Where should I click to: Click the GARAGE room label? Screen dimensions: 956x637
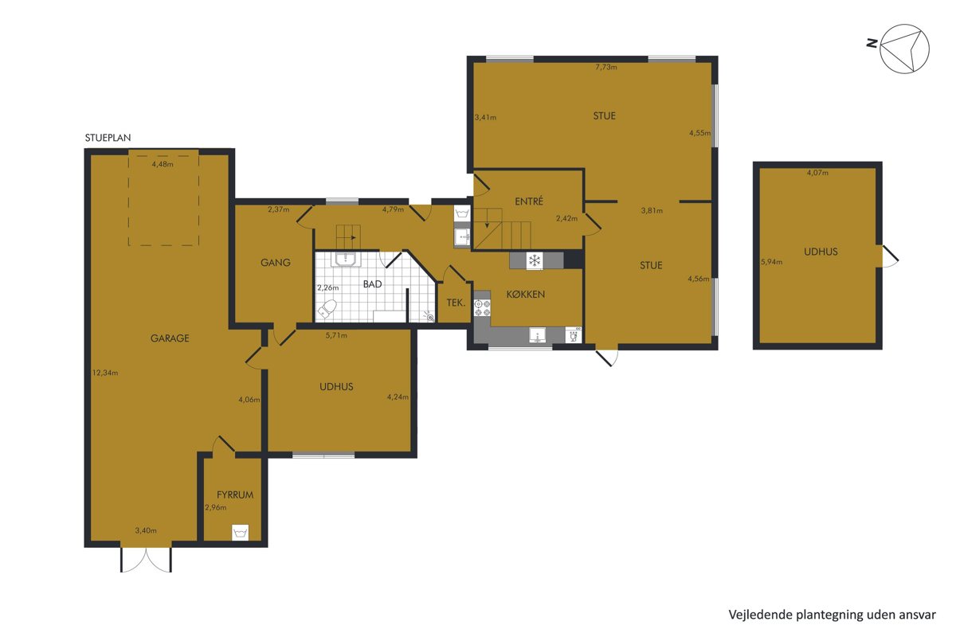(x=170, y=338)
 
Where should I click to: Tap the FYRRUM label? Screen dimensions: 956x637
(x=235, y=495)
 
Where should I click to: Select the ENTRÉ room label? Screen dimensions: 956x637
(x=529, y=201)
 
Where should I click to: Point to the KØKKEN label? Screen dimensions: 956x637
(x=525, y=294)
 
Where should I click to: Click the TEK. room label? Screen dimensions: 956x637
(x=456, y=303)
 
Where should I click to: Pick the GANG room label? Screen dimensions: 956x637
(x=276, y=263)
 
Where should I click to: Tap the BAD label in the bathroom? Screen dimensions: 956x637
(x=372, y=284)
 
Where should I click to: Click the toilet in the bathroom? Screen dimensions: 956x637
(x=327, y=308)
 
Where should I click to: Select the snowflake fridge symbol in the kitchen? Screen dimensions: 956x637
(x=534, y=260)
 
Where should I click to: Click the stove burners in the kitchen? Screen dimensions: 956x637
(x=482, y=307)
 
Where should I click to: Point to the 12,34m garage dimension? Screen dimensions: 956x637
(x=105, y=373)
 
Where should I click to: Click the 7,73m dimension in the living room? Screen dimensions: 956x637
(x=606, y=67)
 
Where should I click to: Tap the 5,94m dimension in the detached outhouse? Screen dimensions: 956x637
(x=771, y=262)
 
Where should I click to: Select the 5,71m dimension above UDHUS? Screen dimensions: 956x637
(x=336, y=335)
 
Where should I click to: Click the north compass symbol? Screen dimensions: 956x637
(x=904, y=49)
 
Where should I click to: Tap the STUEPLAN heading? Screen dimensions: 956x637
(x=108, y=138)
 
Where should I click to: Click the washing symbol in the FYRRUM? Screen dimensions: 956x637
(x=241, y=533)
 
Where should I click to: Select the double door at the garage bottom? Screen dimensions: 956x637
(x=146, y=559)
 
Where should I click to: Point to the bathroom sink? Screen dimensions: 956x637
(x=346, y=260)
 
